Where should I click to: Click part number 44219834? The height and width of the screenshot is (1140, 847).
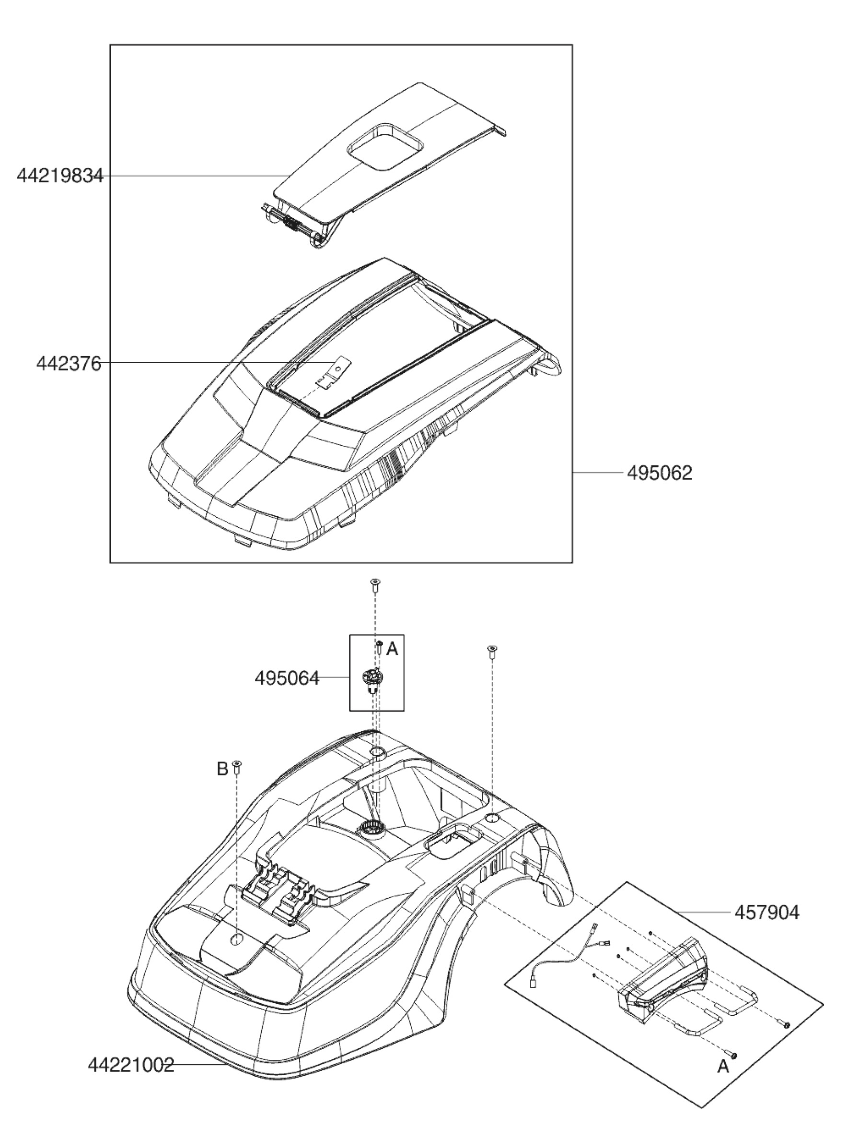(x=60, y=177)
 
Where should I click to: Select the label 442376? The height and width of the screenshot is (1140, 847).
(x=69, y=364)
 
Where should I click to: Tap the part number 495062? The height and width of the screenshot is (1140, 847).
(x=659, y=473)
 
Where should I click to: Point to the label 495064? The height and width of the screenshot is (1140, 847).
(x=287, y=678)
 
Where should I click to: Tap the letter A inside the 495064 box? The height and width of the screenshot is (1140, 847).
(x=392, y=650)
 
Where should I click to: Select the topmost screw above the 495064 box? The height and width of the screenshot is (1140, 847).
(x=375, y=584)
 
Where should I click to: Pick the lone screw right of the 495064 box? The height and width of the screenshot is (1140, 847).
(x=492, y=651)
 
